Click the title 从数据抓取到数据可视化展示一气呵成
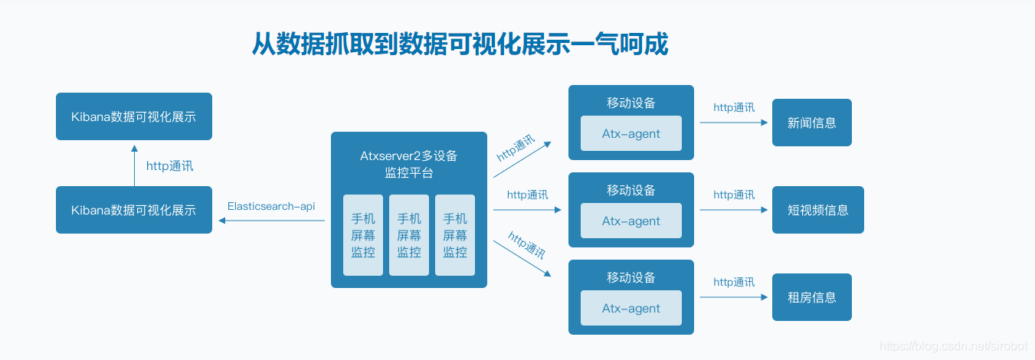click(460, 44)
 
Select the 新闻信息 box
click(811, 123)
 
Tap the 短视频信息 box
click(817, 210)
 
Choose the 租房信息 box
click(811, 297)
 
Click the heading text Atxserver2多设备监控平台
click(408, 164)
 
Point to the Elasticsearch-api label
click(271, 206)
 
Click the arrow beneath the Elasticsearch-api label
click(271, 221)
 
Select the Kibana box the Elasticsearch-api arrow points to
click(134, 210)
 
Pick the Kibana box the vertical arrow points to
click(134, 116)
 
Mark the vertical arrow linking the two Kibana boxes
click(134, 165)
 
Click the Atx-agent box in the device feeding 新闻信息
click(630, 134)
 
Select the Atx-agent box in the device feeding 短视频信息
click(630, 221)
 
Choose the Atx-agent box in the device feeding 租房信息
click(630, 309)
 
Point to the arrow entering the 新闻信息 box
click(733, 123)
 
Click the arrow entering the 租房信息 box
click(733, 297)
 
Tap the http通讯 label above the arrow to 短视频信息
click(734, 195)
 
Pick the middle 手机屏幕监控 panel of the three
click(409, 235)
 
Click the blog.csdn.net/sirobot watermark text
click(953, 346)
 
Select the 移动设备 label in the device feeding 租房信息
click(631, 277)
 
